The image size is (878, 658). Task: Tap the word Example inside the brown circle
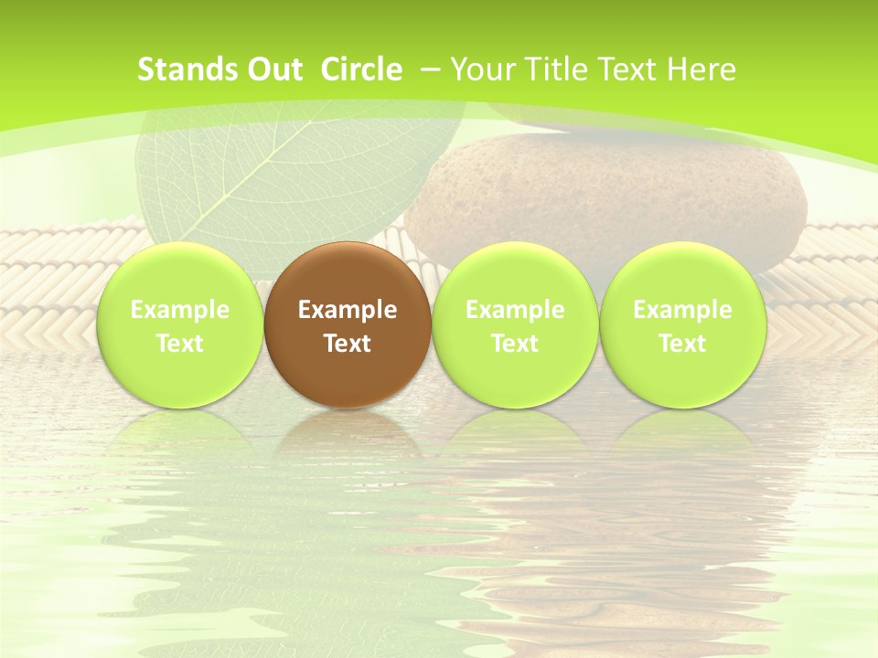pyautogui.click(x=348, y=310)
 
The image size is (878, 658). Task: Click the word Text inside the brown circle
pyautogui.click(x=348, y=344)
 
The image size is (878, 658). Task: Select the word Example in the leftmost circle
pyautogui.click(x=180, y=310)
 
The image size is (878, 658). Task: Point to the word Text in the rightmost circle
pyautogui.click(x=682, y=344)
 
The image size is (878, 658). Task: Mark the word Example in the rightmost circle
pyautogui.click(x=682, y=310)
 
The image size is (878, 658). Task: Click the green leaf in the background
pyautogui.click(x=274, y=174)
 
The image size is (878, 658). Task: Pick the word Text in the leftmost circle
pyautogui.click(x=180, y=344)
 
